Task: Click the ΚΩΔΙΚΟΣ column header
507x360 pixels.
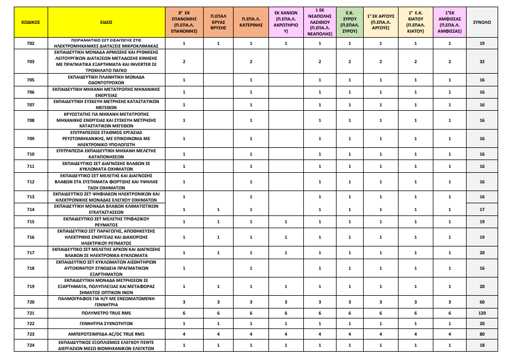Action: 30,22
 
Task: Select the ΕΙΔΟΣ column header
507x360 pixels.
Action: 107,22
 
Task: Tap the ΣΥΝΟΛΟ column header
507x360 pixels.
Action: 482,22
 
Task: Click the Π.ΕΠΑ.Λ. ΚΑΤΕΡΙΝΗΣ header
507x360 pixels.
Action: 251,22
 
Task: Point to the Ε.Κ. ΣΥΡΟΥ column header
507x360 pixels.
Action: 349,22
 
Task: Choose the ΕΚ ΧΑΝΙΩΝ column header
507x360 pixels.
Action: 286,22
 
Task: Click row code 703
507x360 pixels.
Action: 30,61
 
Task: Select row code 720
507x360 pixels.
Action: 30,302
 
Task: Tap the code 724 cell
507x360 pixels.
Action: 30,345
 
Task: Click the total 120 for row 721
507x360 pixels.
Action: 482,313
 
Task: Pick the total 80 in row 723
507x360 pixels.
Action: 482,334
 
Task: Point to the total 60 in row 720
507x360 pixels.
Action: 482,302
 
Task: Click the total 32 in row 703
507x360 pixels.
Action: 482,61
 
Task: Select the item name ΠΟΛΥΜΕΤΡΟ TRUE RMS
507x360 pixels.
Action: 107,313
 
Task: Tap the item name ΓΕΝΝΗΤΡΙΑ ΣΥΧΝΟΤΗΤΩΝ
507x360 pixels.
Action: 107,323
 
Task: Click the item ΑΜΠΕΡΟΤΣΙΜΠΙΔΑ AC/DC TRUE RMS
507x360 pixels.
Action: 107,334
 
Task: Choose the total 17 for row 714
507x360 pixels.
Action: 482,209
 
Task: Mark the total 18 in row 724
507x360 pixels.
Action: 482,345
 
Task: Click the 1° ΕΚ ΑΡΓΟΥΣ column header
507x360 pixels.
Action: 380,22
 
